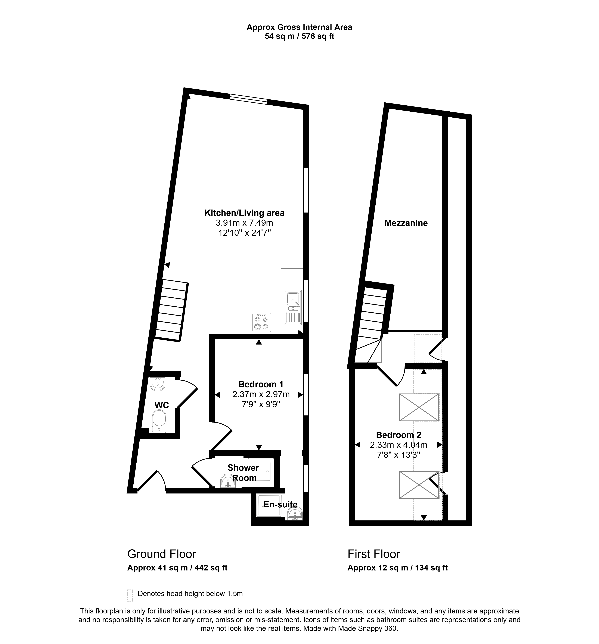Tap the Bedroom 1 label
261,384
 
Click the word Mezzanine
406,223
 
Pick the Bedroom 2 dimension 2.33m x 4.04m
398,445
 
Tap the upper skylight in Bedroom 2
419,407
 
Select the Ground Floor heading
162,554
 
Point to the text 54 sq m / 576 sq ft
299,36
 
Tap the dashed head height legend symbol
130,595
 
